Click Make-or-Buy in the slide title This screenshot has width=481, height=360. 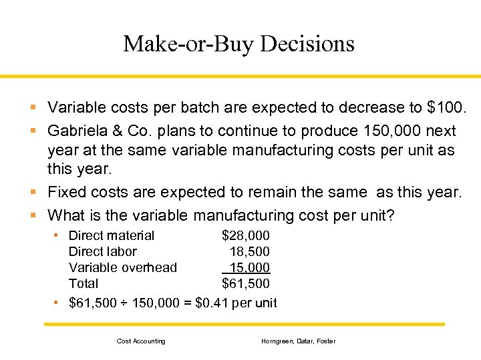(x=188, y=44)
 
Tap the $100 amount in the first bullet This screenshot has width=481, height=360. (x=448, y=107)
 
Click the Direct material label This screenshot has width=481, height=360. (x=112, y=235)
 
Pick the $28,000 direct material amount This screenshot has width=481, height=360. (x=246, y=235)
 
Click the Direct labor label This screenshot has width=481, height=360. (x=103, y=251)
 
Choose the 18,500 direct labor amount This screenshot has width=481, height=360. (x=250, y=251)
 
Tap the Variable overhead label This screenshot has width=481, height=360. (x=123, y=267)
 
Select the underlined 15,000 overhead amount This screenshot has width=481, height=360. (x=250, y=267)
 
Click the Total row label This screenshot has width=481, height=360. (x=84, y=283)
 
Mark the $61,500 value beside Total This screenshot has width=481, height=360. (x=246, y=283)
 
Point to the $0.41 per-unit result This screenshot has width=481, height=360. (x=214, y=303)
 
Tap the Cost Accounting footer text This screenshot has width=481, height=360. (x=141, y=341)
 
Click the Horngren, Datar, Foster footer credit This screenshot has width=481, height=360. (x=299, y=341)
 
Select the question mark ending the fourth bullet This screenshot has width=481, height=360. (x=391, y=215)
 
